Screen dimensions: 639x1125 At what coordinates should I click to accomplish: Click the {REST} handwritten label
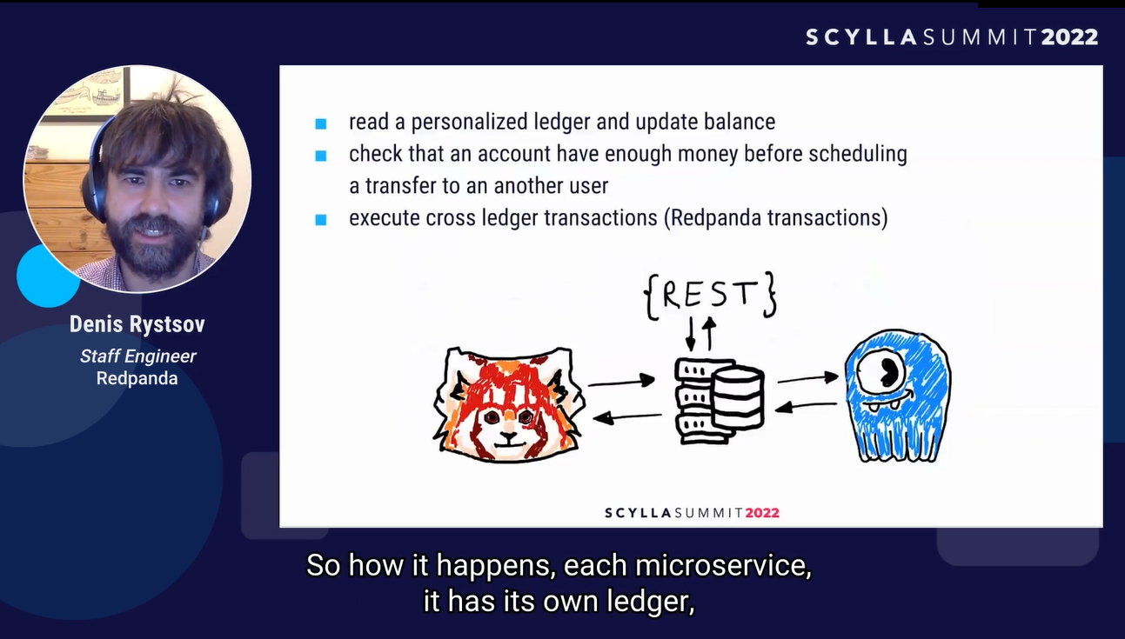pos(709,295)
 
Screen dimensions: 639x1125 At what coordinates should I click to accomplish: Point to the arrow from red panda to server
pos(620,380)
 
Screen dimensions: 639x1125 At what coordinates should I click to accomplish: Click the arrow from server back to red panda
pos(626,417)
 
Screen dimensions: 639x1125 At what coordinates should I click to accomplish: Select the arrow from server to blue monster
pos(807,378)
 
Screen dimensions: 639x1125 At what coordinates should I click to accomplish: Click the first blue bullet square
pos(321,123)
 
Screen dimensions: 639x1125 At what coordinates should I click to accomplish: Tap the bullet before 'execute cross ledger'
pos(321,220)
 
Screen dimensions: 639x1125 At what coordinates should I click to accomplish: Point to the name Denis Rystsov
pos(137,325)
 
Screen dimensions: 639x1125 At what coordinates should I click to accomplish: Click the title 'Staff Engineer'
pos(137,356)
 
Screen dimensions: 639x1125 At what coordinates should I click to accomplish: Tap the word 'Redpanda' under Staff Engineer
pos(137,378)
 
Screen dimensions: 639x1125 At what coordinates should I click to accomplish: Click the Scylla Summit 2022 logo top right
pos(951,37)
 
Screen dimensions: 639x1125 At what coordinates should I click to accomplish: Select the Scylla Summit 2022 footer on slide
pos(692,513)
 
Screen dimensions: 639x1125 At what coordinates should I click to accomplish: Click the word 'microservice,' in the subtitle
pos(724,566)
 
